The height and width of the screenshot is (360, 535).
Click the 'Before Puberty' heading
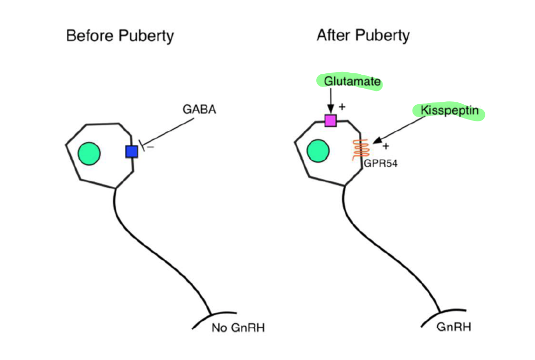(120, 36)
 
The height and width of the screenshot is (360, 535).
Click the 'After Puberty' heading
(363, 35)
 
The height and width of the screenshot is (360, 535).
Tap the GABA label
(199, 109)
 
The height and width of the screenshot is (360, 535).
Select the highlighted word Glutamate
(349, 82)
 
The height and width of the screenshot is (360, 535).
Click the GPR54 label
(381, 164)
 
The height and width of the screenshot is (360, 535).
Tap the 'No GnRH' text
(238, 328)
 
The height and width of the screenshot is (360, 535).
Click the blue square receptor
(131, 152)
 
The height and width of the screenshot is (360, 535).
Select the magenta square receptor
(330, 120)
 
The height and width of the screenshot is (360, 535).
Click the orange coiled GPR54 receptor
(360, 150)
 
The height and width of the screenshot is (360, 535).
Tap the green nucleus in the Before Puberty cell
(89, 153)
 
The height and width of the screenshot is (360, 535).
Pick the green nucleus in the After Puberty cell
(318, 150)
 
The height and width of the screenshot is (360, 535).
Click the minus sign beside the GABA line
(150, 147)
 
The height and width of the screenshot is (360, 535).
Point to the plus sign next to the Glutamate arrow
(342, 106)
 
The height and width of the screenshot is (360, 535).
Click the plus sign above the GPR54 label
(386, 146)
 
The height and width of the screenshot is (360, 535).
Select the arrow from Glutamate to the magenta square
(330, 101)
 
